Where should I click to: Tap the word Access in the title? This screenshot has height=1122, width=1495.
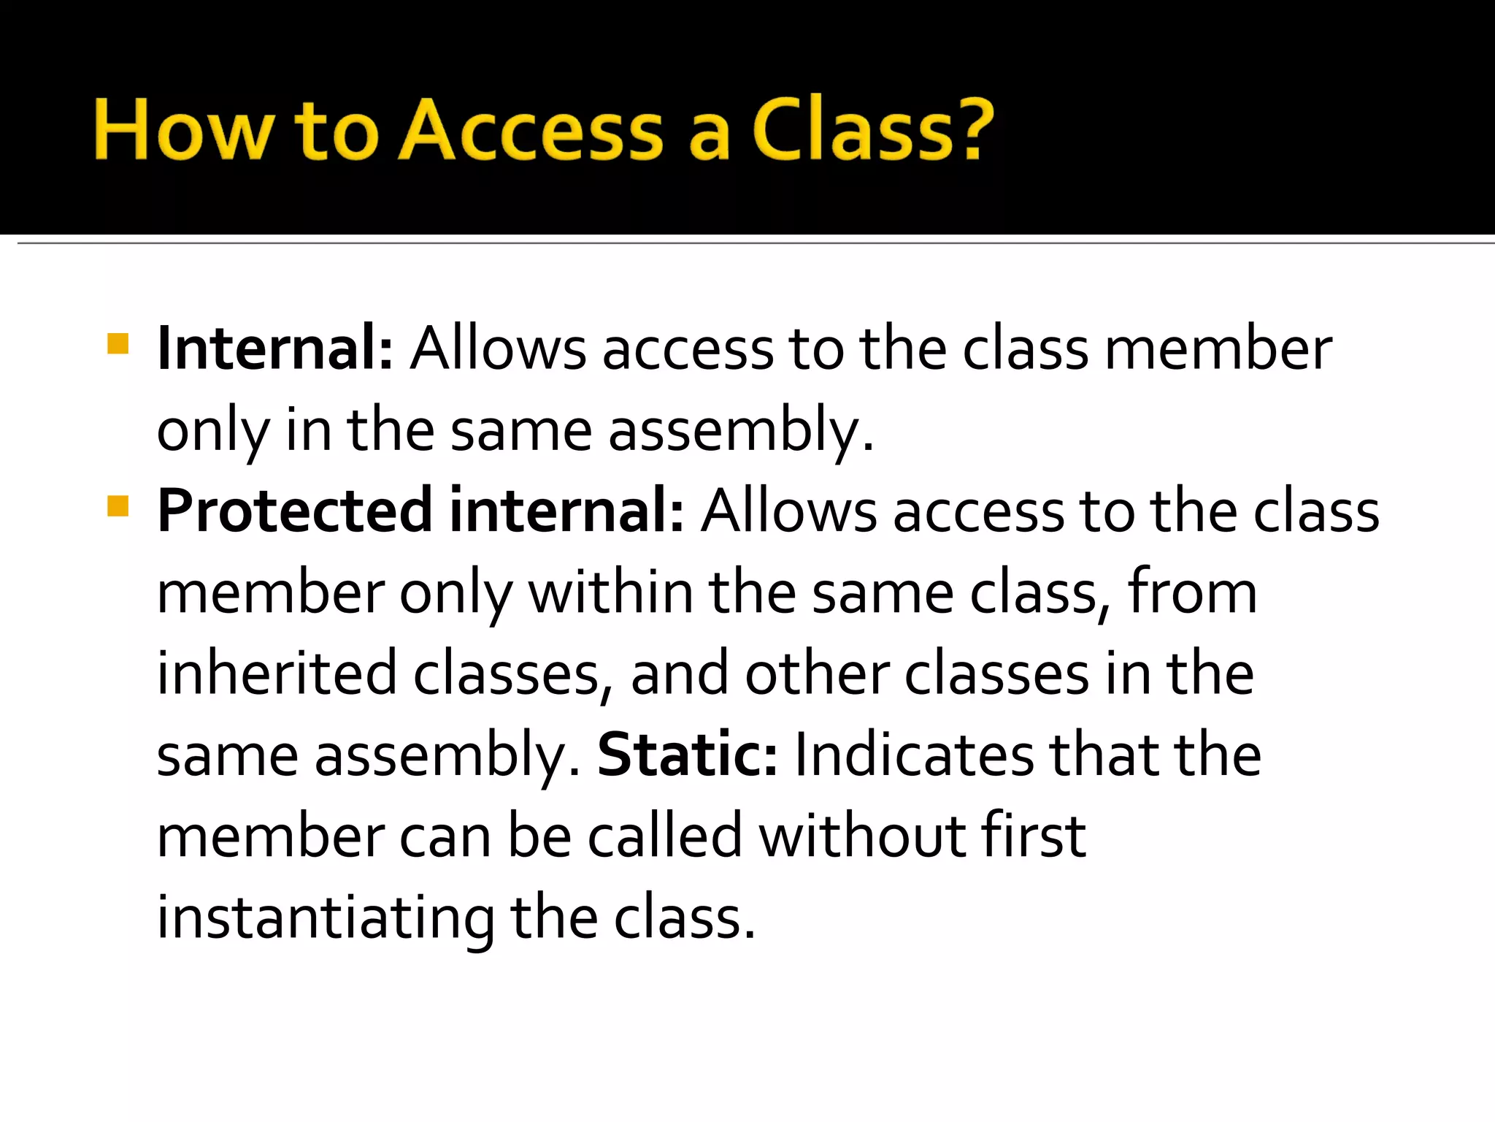tap(531, 130)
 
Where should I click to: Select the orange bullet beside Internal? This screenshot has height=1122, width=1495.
tap(118, 343)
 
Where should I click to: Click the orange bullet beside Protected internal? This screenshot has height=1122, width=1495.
tap(118, 505)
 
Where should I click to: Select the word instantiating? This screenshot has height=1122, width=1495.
tap(326, 918)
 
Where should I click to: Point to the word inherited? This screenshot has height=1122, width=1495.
tap(277, 673)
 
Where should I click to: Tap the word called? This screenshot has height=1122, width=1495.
tap(665, 836)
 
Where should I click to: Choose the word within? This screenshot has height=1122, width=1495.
tap(610, 592)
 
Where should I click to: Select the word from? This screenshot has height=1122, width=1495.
tap(1192, 592)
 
